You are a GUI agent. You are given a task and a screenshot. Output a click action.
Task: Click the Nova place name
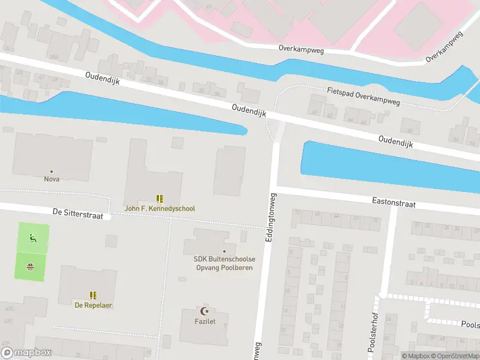pos(52,179)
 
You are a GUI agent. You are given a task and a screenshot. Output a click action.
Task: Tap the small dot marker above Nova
pos(52,171)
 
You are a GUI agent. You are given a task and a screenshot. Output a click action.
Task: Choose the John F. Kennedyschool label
pos(160,209)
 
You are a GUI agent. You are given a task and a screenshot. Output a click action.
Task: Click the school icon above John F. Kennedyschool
pos(160,199)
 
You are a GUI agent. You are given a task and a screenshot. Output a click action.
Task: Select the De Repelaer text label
pos(93,305)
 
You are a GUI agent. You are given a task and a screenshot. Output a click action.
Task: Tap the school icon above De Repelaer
pos(93,295)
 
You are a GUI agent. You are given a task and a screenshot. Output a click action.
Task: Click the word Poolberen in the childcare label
pos(238,268)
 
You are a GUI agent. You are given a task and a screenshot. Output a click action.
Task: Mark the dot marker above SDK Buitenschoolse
pos(224,251)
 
